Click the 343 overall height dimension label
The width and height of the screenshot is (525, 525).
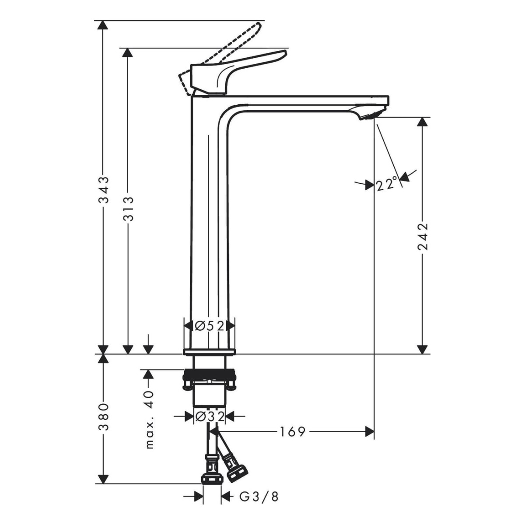104,190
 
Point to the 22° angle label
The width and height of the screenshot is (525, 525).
387,185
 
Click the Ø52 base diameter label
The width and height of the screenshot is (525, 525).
210,325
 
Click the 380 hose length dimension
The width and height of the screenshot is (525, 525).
104,416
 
